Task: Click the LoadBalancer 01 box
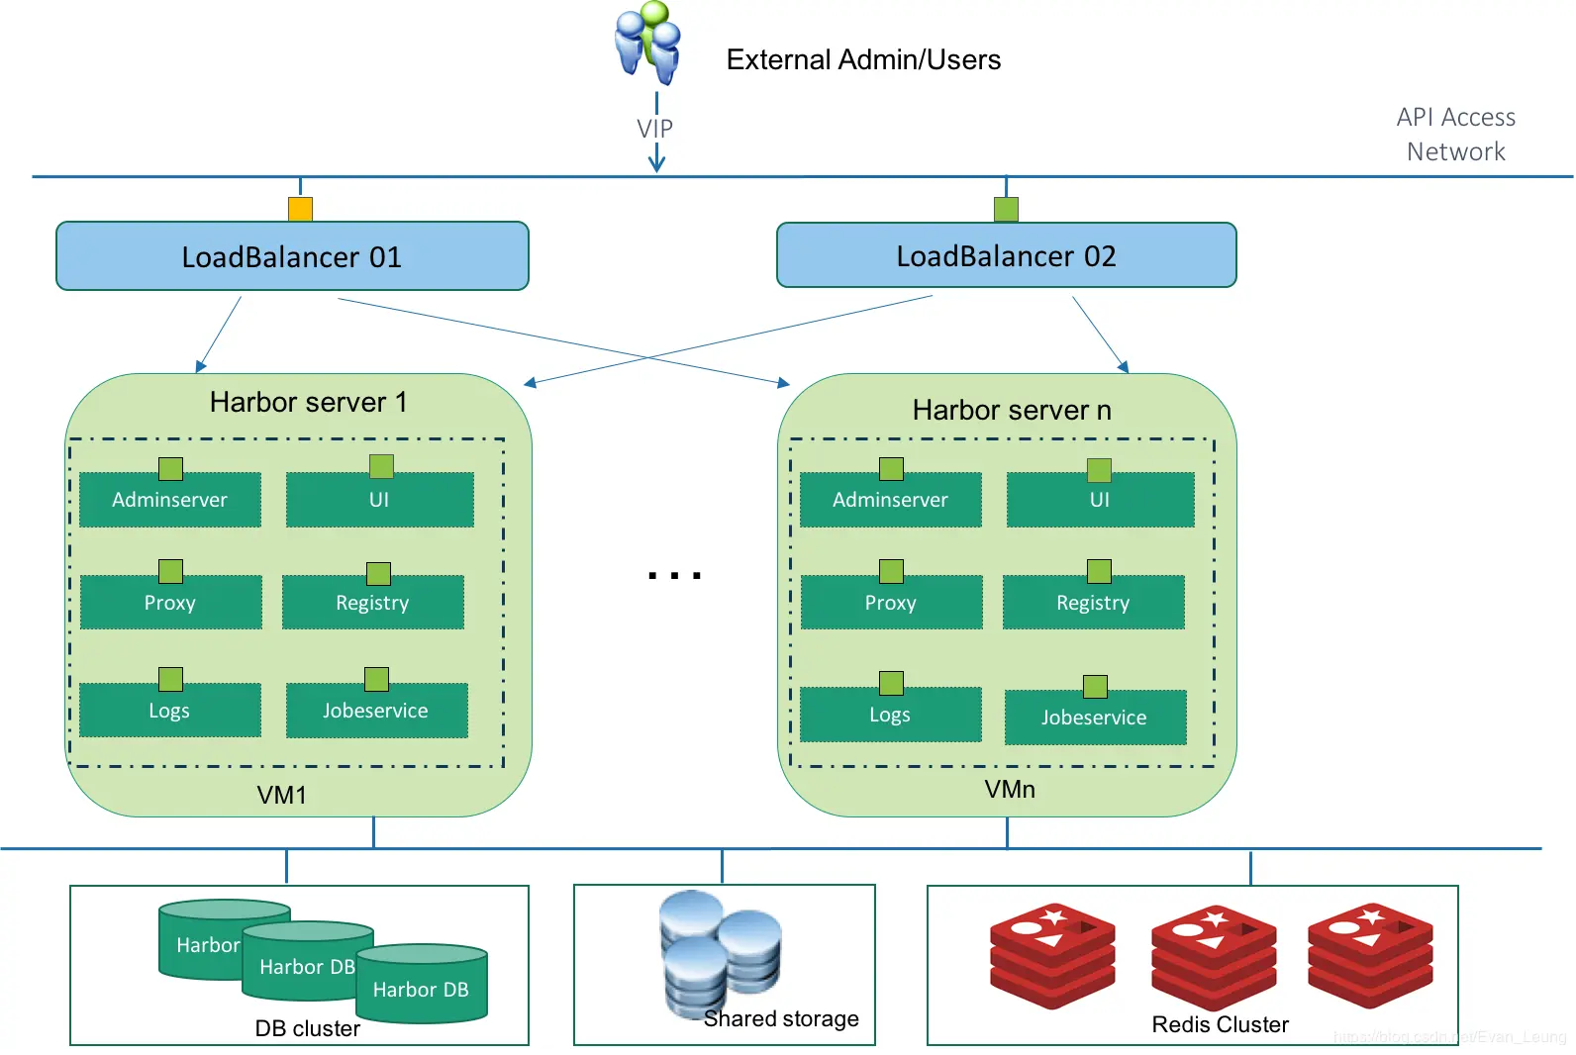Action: (292, 256)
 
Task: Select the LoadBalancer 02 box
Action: (1006, 255)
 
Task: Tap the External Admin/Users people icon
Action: (648, 42)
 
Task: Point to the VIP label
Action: (654, 129)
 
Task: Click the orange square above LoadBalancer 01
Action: (300, 209)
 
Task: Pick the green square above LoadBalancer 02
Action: (1006, 209)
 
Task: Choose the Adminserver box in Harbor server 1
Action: (169, 500)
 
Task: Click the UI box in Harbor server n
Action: (1100, 500)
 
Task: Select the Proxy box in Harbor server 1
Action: (170, 603)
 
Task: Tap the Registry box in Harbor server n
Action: (1093, 603)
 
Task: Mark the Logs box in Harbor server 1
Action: (169, 711)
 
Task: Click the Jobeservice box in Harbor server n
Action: (1094, 718)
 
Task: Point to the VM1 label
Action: (282, 796)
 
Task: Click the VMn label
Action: (1010, 790)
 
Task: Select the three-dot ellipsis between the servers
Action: (675, 575)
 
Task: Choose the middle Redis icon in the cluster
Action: (1214, 955)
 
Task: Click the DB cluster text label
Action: (308, 1029)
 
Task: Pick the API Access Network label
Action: (1455, 135)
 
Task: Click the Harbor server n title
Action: (1012, 410)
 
